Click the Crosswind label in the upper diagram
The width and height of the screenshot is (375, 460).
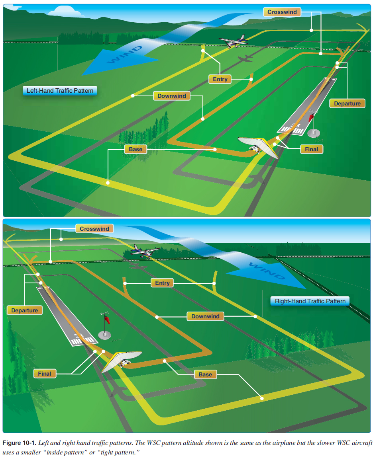(x=282, y=12)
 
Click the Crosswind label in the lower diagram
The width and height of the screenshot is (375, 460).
(x=94, y=229)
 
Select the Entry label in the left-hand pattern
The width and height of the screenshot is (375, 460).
(x=220, y=79)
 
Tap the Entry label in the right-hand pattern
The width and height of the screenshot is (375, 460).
(x=162, y=283)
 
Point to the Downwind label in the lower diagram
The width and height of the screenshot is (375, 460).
(x=205, y=316)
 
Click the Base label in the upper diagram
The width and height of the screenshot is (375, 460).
(x=135, y=149)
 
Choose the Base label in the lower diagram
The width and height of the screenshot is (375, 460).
(x=205, y=374)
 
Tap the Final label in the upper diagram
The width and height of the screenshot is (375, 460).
(x=312, y=149)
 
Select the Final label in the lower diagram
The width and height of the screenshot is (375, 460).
(x=45, y=374)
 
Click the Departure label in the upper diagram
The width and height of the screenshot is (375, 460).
(x=347, y=103)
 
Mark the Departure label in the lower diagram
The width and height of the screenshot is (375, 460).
(x=25, y=310)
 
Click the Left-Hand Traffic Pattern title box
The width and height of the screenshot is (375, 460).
(x=60, y=91)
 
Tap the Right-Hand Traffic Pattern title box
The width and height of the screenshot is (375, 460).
(x=310, y=301)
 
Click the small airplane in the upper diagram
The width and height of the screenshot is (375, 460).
(x=233, y=41)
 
